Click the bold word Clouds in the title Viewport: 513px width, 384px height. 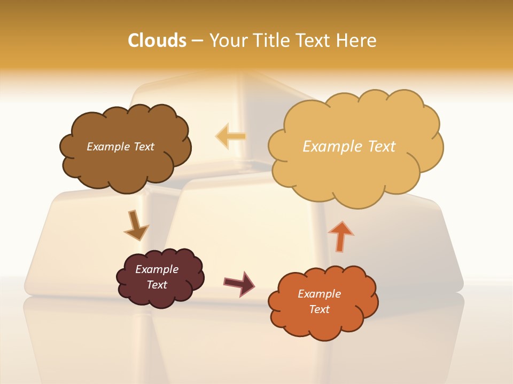pos(157,41)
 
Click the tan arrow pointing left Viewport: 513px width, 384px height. pos(231,137)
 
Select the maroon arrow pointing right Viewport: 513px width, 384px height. pos(239,283)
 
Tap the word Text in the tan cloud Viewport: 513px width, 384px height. pos(383,147)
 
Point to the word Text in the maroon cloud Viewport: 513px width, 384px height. pos(157,285)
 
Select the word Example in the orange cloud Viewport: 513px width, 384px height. pos(319,294)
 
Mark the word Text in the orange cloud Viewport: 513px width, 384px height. pos(319,309)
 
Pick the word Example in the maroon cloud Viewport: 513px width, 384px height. pos(157,269)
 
